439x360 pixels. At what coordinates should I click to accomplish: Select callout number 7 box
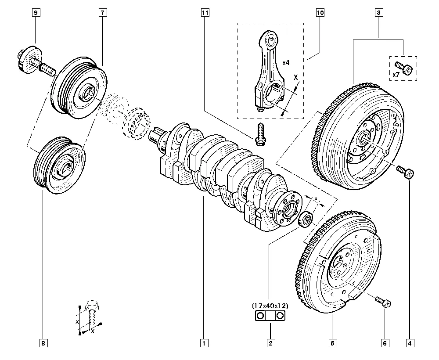coord(101,13)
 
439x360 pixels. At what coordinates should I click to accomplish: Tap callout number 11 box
coord(204,13)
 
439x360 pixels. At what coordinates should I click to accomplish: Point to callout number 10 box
coord(320,13)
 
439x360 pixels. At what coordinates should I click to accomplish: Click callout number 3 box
coord(378,13)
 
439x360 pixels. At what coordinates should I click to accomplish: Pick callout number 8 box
coord(43,343)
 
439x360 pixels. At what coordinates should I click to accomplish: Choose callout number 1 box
coord(204,343)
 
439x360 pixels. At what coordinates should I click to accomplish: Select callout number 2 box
coord(270,343)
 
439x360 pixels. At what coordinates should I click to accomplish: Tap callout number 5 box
coord(332,343)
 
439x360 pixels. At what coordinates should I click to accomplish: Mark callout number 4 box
coord(410,343)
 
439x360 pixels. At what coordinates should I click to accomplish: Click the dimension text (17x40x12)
coord(270,305)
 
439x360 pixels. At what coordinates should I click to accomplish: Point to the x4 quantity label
coord(286,63)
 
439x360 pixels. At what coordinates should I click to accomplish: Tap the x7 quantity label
coord(396,75)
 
